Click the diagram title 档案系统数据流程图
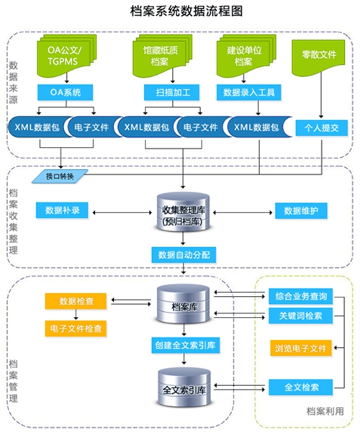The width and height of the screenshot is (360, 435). (186, 12)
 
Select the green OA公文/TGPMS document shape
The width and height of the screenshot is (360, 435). (66, 55)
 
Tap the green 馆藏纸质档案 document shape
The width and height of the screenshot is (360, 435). (163, 55)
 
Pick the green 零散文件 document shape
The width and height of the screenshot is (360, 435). (318, 57)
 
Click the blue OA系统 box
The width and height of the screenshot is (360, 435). (66, 92)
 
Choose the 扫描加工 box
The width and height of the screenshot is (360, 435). (171, 92)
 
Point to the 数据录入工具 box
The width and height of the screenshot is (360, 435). (249, 92)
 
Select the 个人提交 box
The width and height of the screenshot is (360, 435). (321, 128)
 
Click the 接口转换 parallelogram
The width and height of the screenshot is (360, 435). (60, 176)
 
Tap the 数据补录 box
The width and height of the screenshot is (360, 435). (62, 210)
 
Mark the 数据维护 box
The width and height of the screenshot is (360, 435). (301, 211)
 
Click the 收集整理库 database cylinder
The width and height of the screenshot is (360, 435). (183, 213)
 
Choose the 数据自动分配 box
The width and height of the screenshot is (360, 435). (184, 255)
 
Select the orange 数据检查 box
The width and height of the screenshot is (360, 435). (76, 301)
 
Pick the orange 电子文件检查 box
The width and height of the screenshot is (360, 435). (76, 328)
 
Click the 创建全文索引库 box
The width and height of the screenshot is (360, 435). (186, 346)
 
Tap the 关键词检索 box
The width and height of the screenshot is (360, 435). (301, 315)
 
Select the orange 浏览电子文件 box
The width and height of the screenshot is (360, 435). (301, 348)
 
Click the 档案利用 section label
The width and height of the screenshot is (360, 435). (325, 411)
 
